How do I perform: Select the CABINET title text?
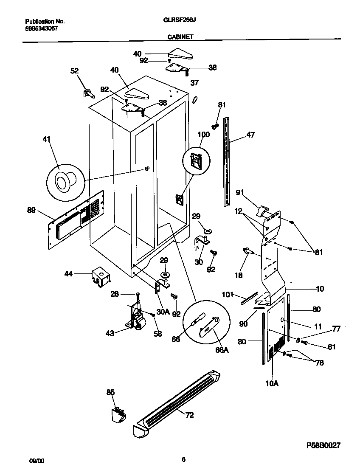click(x=180, y=37)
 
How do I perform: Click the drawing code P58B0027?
click(x=323, y=445)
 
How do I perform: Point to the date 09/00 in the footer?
click(x=35, y=459)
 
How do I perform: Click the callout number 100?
click(x=204, y=135)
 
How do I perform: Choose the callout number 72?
click(x=189, y=415)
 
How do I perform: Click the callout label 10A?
click(x=272, y=383)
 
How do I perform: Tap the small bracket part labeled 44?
click(x=101, y=277)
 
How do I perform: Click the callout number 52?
click(x=74, y=71)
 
